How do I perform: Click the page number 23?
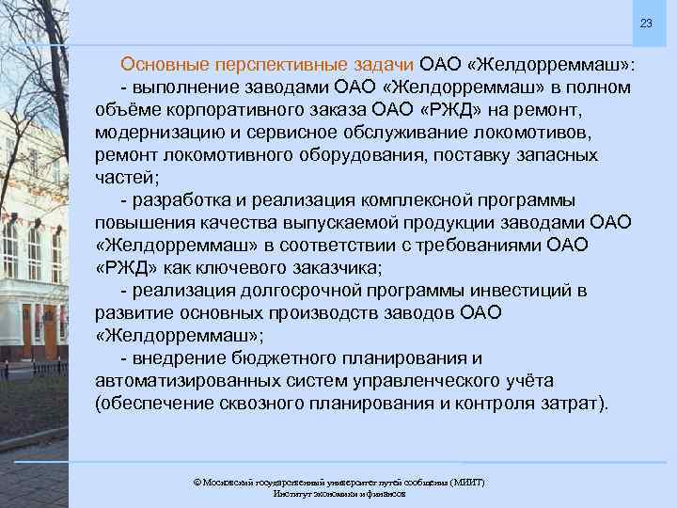click(645, 23)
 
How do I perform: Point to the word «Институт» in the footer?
click(293, 493)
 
